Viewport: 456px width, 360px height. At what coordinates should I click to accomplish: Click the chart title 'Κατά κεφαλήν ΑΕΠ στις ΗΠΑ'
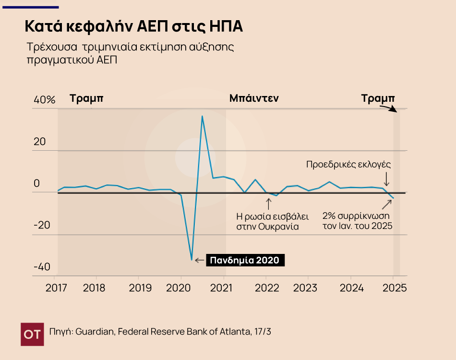(133, 26)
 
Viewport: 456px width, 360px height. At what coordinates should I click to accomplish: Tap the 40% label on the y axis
(45, 100)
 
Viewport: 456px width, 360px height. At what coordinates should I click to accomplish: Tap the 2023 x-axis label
(305, 288)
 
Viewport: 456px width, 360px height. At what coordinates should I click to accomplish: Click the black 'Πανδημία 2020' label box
(245, 260)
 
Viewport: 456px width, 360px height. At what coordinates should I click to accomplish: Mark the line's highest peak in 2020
(202, 116)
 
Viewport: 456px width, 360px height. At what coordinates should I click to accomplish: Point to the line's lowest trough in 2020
(192, 260)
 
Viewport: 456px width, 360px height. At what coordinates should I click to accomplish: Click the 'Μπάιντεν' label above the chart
(254, 98)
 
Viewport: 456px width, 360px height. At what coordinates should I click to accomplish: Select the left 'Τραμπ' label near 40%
(86, 98)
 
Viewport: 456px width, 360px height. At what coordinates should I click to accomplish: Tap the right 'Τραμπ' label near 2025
(378, 98)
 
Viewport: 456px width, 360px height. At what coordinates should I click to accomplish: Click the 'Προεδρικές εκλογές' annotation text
(348, 164)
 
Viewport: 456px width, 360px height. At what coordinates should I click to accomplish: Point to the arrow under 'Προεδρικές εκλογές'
(386, 180)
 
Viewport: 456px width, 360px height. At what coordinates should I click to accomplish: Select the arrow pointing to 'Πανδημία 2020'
(199, 260)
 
